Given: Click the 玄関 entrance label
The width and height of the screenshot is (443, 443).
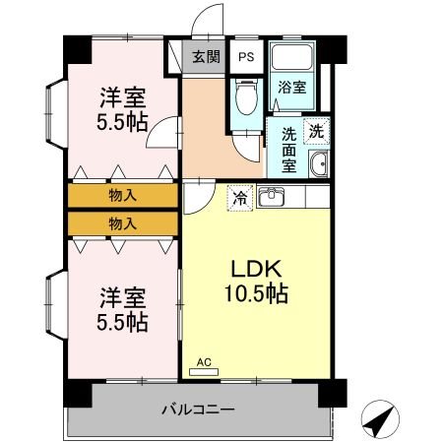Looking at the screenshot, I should [x=205, y=57].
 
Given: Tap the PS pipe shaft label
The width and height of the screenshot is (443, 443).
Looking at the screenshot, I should [x=245, y=57].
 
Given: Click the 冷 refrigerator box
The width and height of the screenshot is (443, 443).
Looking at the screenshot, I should [x=240, y=198].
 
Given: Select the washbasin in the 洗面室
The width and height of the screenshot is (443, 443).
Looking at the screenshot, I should [x=318, y=164].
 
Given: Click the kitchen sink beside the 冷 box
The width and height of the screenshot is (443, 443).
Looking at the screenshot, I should [x=271, y=198].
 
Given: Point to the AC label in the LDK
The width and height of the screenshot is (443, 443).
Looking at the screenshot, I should [x=204, y=362].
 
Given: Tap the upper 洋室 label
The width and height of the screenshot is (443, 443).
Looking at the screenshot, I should [x=123, y=98].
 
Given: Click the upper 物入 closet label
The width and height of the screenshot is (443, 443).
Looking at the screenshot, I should [x=123, y=195].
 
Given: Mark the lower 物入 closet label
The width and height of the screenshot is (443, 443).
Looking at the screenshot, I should [x=123, y=223].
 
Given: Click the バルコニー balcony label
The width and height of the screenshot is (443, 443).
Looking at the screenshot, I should [x=198, y=409].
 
